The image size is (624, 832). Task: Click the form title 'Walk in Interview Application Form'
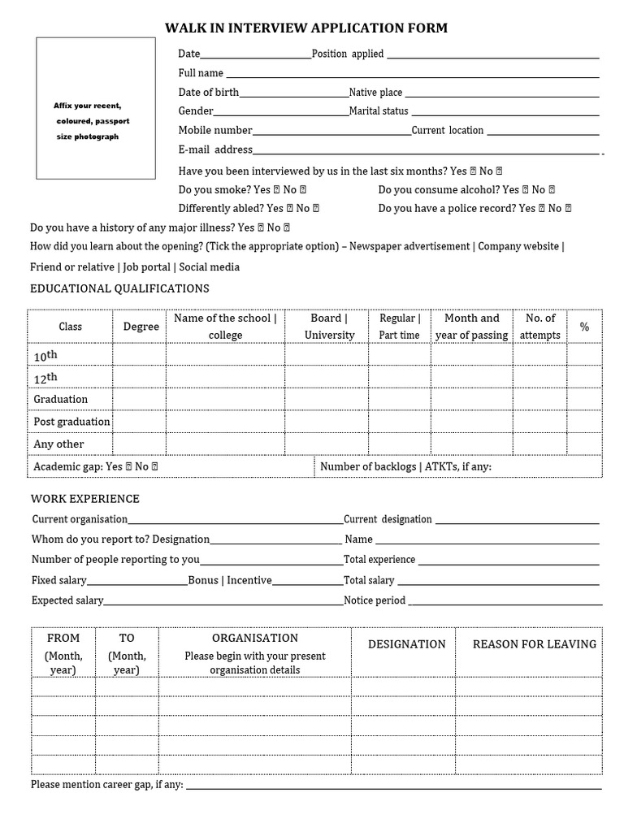click(x=306, y=28)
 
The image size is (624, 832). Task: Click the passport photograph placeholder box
click(x=96, y=107)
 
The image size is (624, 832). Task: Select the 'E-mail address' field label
click(x=215, y=149)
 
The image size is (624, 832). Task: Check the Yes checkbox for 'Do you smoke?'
click(x=276, y=189)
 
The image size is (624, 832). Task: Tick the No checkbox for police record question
click(x=568, y=209)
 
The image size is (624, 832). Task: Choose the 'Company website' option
click(x=518, y=246)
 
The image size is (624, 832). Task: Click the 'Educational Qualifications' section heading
click(x=119, y=288)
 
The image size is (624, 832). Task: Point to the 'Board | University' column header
click(x=329, y=327)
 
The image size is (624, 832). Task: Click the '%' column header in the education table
click(x=584, y=327)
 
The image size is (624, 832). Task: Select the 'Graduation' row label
click(x=61, y=399)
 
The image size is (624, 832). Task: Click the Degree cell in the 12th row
click(x=140, y=377)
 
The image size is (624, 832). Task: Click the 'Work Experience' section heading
click(x=85, y=499)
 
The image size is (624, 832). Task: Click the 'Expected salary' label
click(x=67, y=600)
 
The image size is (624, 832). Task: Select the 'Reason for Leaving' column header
click(x=534, y=644)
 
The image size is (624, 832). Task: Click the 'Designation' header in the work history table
click(x=406, y=644)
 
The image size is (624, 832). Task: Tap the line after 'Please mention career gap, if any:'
click(x=394, y=786)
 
